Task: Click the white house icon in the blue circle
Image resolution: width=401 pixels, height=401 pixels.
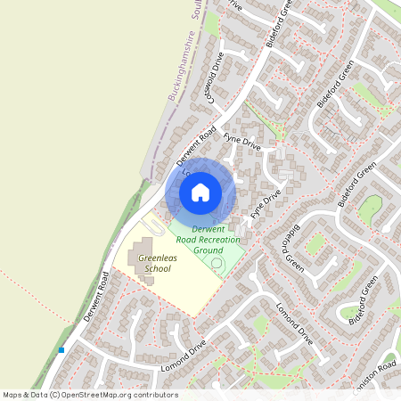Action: (x=200, y=192)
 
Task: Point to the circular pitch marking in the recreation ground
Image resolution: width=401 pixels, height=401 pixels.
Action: (x=217, y=264)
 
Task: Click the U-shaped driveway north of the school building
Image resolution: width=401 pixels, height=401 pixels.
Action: (x=151, y=225)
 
